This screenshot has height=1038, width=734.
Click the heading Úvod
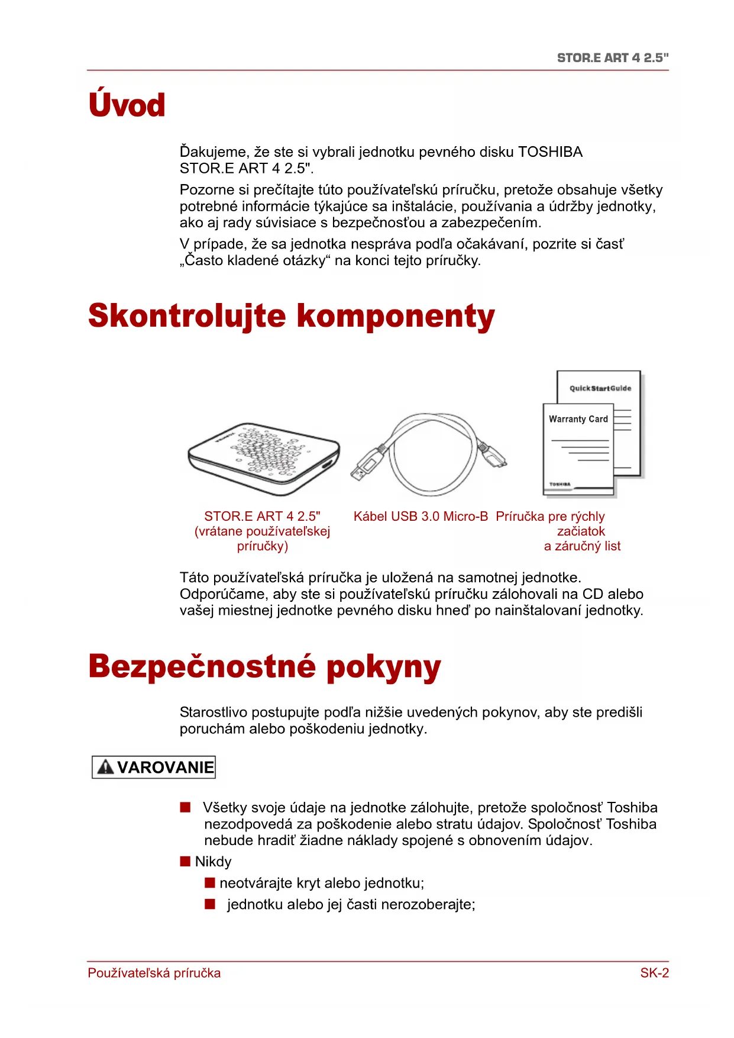127,105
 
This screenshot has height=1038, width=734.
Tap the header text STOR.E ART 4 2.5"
612,58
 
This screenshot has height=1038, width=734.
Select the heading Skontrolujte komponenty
291,316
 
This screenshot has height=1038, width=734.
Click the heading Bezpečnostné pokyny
264,667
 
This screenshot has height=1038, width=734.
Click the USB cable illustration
429,454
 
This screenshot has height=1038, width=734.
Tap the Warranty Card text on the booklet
578,419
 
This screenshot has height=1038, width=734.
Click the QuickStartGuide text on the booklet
600,388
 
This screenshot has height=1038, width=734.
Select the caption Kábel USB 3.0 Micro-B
421,517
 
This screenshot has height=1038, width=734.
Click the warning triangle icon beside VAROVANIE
105,768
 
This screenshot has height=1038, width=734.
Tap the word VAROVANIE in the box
165,768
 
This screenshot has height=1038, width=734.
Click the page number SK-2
654,973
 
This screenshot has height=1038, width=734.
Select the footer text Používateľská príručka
154,973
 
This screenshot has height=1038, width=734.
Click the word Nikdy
214,862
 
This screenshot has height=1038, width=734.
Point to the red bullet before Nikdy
185,861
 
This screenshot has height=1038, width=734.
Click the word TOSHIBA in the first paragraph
550,152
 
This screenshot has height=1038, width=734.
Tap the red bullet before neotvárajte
209,883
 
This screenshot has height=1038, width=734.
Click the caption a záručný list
582,546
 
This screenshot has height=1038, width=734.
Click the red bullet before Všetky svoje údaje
185,807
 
